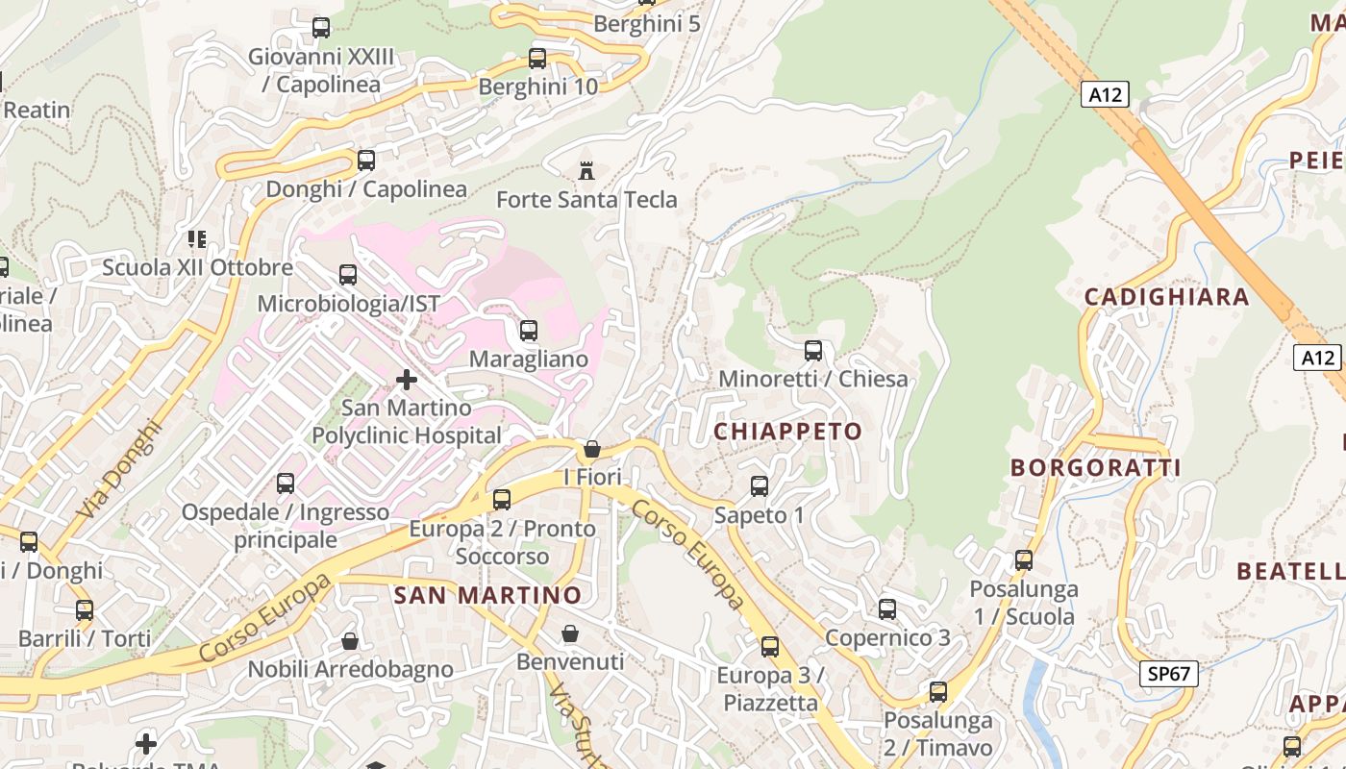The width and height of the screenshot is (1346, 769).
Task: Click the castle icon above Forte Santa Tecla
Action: pyautogui.click(x=586, y=172)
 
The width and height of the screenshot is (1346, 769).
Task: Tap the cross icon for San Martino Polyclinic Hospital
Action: pyautogui.click(x=407, y=380)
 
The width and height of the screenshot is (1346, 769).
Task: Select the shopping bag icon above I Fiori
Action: pyautogui.click(x=592, y=449)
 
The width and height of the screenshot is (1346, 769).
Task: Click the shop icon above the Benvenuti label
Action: pyautogui.click(x=570, y=633)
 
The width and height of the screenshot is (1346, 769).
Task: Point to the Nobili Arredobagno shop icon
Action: pyautogui.click(x=351, y=640)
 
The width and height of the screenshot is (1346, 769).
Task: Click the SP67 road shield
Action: pyautogui.click(x=1169, y=674)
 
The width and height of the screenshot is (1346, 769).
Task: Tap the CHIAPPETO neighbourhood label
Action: pyautogui.click(x=787, y=432)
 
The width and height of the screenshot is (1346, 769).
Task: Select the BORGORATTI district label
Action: pyautogui.click(x=1095, y=468)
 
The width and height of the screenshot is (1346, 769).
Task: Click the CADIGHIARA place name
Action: pyautogui.click(x=1166, y=297)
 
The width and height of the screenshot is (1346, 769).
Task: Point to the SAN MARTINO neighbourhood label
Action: pyautogui.click(x=488, y=595)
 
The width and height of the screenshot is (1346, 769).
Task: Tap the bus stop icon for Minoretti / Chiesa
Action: pyautogui.click(x=813, y=351)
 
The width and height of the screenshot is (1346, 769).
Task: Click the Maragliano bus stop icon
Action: pyautogui.click(x=529, y=332)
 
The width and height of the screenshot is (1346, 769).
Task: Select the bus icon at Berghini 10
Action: pyautogui.click(x=537, y=59)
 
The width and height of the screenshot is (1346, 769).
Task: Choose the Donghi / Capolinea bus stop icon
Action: pyautogui.click(x=366, y=161)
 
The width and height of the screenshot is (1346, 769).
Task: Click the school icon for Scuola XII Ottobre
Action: pyautogui.click(x=197, y=238)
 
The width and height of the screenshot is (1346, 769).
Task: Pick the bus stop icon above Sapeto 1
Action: pyautogui.click(x=760, y=486)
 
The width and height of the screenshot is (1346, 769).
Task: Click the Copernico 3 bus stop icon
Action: pyautogui.click(x=887, y=609)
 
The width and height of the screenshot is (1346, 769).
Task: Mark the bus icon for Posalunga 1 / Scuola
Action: pyautogui.click(x=1024, y=560)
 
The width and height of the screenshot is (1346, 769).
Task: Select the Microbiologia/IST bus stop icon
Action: pyautogui.click(x=348, y=276)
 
